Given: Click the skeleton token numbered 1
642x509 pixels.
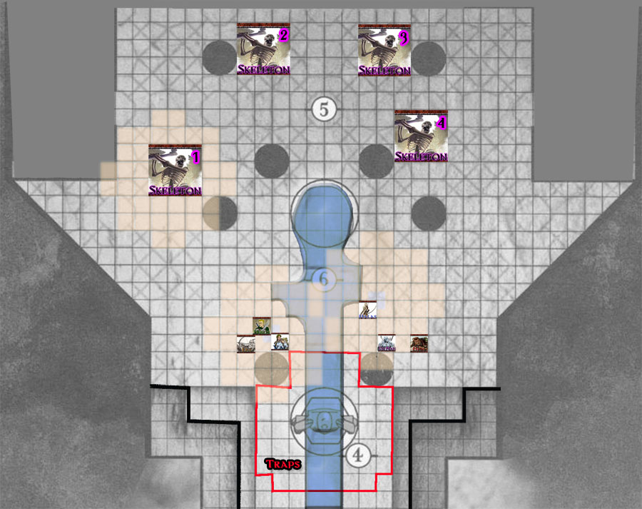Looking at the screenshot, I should (175, 171).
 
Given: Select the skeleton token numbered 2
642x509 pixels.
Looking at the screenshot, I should (263, 49).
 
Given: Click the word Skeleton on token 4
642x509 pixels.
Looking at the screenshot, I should (421, 156).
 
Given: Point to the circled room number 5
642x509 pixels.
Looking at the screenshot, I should (324, 110).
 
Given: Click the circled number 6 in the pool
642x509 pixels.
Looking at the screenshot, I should (324, 279).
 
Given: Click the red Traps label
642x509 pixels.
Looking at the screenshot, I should (283, 464).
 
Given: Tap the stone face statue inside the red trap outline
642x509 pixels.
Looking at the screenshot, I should (324, 419).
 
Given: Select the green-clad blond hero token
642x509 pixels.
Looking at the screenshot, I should (263, 326).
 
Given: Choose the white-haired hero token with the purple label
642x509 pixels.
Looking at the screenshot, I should (386, 343).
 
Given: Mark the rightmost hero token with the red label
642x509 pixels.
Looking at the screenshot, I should (419, 343).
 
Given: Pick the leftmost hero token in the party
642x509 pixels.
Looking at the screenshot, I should (246, 344).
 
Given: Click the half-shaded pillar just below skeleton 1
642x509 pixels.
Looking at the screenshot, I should (220, 211).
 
